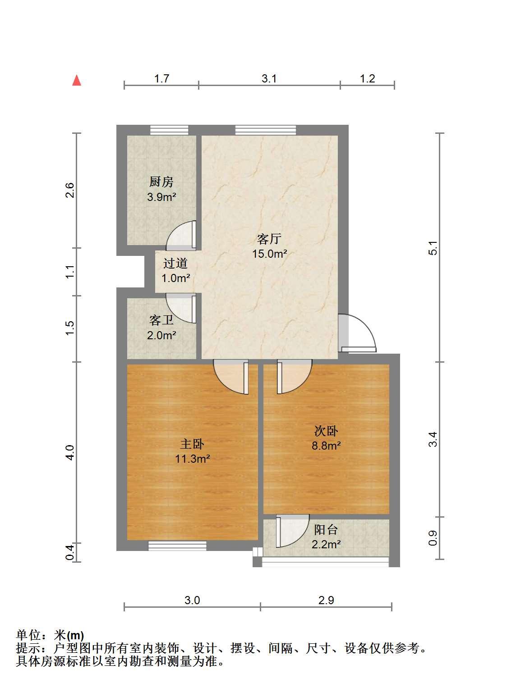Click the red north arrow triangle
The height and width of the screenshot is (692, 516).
[x=77, y=80]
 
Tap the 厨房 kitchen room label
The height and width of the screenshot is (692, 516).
[x=161, y=182]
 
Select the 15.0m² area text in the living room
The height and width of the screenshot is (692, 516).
[x=270, y=254]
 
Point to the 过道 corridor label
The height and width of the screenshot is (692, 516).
[x=175, y=263]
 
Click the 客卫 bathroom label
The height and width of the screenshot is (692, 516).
[x=161, y=320]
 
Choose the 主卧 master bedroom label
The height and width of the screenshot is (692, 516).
[x=193, y=444]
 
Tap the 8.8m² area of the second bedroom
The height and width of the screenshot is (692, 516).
[x=326, y=446]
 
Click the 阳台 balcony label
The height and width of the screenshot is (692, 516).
[x=326, y=530]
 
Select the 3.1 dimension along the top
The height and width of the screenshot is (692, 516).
[x=269, y=78]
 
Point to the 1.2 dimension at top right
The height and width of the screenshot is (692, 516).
[x=367, y=78]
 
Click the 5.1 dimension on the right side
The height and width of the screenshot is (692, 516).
[x=433, y=248]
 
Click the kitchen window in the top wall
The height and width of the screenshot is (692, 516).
[x=169, y=130]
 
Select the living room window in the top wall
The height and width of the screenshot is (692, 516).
[x=266, y=130]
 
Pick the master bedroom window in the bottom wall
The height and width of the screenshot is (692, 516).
[x=177, y=546]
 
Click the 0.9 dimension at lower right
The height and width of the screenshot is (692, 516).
[x=433, y=538]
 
